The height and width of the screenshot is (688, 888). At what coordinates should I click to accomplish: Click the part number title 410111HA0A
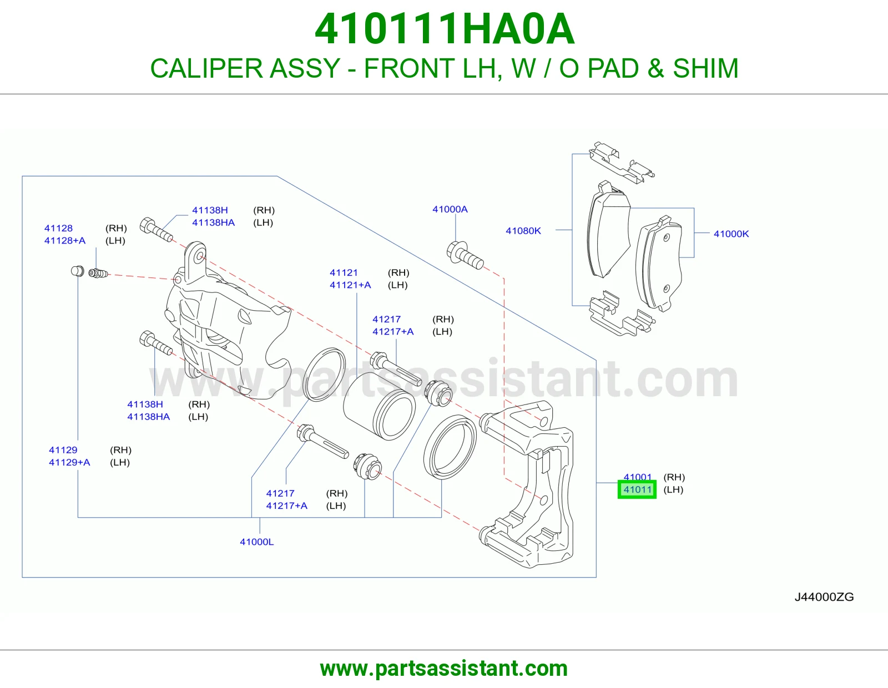pyautogui.click(x=445, y=29)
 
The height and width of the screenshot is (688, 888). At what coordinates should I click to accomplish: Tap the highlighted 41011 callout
pyautogui.click(x=637, y=489)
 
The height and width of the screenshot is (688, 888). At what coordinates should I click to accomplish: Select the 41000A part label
pyautogui.click(x=450, y=209)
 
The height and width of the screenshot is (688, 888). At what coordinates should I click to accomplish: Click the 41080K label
pyautogui.click(x=523, y=231)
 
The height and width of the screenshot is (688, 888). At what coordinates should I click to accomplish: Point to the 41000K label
pyautogui.click(x=731, y=234)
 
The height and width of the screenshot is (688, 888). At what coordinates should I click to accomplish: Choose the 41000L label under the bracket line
pyautogui.click(x=256, y=542)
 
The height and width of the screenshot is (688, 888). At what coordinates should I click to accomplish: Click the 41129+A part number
pyautogui.click(x=69, y=462)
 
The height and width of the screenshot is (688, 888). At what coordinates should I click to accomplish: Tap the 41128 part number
pyautogui.click(x=58, y=228)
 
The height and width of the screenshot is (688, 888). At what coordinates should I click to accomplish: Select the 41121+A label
pyautogui.click(x=350, y=285)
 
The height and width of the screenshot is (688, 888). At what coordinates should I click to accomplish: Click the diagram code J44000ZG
pyautogui.click(x=824, y=597)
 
